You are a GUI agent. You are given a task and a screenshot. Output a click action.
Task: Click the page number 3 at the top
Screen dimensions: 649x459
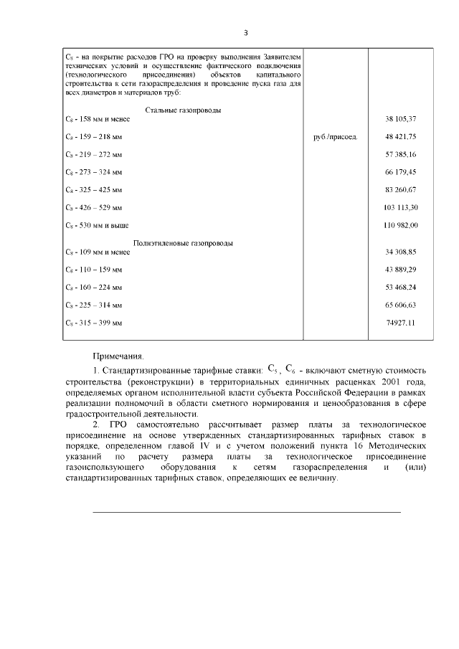point(245,32)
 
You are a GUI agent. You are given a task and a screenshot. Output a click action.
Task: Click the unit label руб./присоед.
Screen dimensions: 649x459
point(336,136)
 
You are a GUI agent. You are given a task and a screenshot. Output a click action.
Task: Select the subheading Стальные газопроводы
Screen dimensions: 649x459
point(183,110)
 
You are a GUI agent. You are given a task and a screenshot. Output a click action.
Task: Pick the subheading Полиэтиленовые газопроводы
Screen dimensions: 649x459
point(183,243)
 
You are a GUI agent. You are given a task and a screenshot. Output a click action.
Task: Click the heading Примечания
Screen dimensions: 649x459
point(118,356)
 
